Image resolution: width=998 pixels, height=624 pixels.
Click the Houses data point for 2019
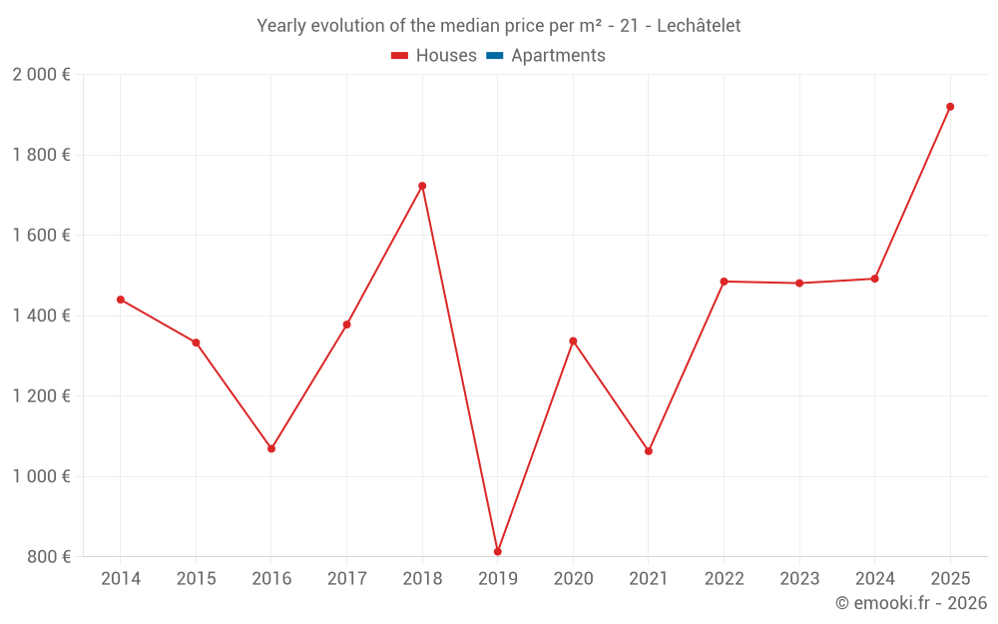click(x=497, y=551)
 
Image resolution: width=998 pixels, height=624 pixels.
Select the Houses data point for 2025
click(x=950, y=107)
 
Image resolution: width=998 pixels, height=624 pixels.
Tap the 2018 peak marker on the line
click(x=422, y=186)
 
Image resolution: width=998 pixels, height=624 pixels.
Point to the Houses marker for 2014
click(x=121, y=300)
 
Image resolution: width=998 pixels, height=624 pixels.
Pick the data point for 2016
click(x=271, y=448)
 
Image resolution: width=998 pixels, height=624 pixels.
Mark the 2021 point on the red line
click(x=649, y=451)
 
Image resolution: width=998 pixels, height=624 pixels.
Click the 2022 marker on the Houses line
click(x=724, y=282)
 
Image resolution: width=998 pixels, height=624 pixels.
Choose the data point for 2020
click(x=573, y=341)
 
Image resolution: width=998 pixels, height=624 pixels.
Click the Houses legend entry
click(x=434, y=56)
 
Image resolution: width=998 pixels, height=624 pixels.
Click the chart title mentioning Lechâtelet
click(x=499, y=26)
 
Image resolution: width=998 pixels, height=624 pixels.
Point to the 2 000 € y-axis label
click(x=41, y=75)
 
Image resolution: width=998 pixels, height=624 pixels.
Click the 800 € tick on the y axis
click(x=48, y=557)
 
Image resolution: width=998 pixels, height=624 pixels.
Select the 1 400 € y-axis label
click(x=41, y=315)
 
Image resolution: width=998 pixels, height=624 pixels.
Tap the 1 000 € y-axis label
click(x=41, y=476)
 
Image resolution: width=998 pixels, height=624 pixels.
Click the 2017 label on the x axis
click(x=346, y=579)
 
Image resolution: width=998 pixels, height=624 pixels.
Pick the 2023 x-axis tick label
click(x=799, y=579)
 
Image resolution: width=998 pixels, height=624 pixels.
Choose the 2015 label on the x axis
click(x=196, y=579)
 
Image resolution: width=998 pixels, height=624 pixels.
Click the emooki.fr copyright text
click(x=911, y=603)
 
